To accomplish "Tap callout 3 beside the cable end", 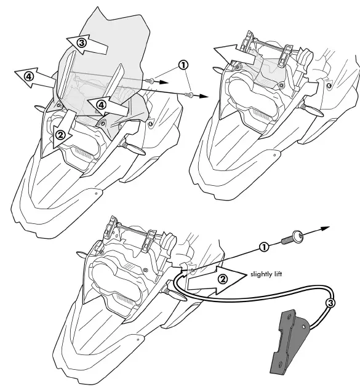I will point(330,302).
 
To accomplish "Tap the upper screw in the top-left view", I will point(151,80).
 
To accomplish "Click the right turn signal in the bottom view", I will point(174,290).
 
